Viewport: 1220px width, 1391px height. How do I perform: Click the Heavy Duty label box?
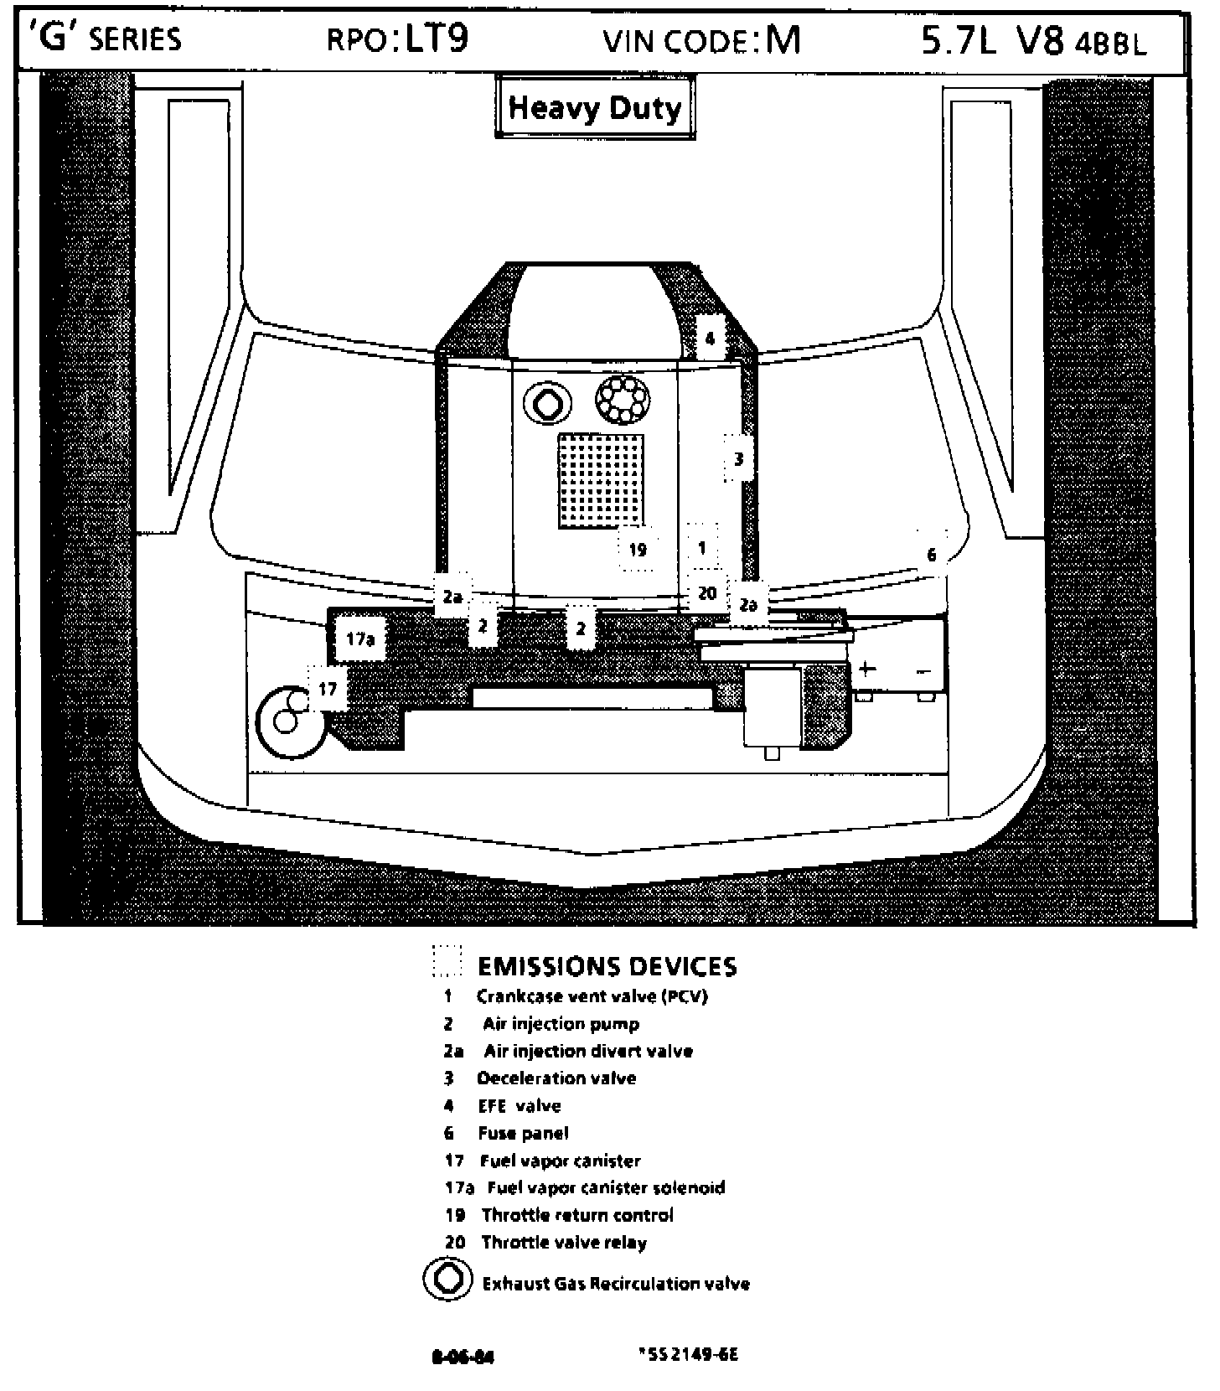coord(595,107)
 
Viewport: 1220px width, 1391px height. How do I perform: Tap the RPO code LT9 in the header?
coord(436,39)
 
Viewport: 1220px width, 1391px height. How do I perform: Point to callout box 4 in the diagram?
coord(710,339)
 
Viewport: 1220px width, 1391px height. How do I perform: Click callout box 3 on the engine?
coord(738,458)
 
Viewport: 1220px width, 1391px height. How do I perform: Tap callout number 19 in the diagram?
coord(638,550)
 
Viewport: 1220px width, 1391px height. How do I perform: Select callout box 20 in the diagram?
coord(707,593)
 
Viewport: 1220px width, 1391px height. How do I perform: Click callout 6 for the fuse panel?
coord(932,554)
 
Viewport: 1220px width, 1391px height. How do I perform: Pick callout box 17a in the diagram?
coord(359,639)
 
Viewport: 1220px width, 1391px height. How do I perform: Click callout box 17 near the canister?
coord(328,689)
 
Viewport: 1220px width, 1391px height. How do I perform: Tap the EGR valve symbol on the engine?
coord(548,405)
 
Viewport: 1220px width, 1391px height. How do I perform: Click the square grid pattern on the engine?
coord(602,481)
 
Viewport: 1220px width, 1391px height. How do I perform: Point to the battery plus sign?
coord(866,669)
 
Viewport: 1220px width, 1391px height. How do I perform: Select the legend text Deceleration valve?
coord(556,1078)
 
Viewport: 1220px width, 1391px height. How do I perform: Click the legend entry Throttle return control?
coord(577,1215)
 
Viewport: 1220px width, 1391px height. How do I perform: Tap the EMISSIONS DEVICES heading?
coord(607,967)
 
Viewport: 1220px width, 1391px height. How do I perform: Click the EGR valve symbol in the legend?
coord(448,1281)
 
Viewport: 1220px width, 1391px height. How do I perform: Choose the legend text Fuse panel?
coord(524,1134)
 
